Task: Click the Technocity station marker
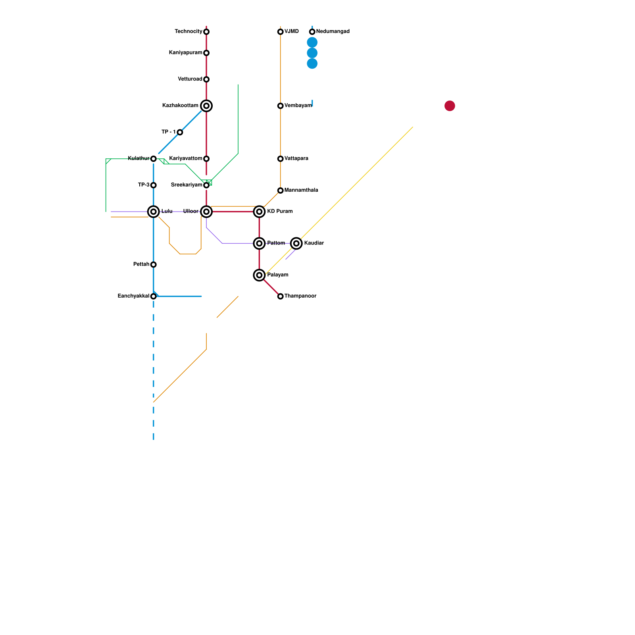pos(206,32)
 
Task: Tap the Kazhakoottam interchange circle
pos(206,106)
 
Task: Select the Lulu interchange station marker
pos(154,212)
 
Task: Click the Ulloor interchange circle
pos(206,212)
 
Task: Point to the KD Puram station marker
pos(259,212)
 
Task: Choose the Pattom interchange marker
pos(259,243)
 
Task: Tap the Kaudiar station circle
pos(296,243)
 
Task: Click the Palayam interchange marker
pos(259,275)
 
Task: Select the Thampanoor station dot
pos(281,296)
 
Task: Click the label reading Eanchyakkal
pos(133,296)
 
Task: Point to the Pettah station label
pos(141,264)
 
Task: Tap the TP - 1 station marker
pos(180,132)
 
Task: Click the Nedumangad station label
pos(333,31)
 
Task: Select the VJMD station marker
pos(281,32)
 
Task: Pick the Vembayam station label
pos(298,106)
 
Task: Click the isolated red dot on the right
pos(450,106)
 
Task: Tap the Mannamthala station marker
pos(281,190)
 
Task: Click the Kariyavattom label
pos(186,158)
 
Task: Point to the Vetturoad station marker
pos(206,79)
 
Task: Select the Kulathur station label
pos(139,158)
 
